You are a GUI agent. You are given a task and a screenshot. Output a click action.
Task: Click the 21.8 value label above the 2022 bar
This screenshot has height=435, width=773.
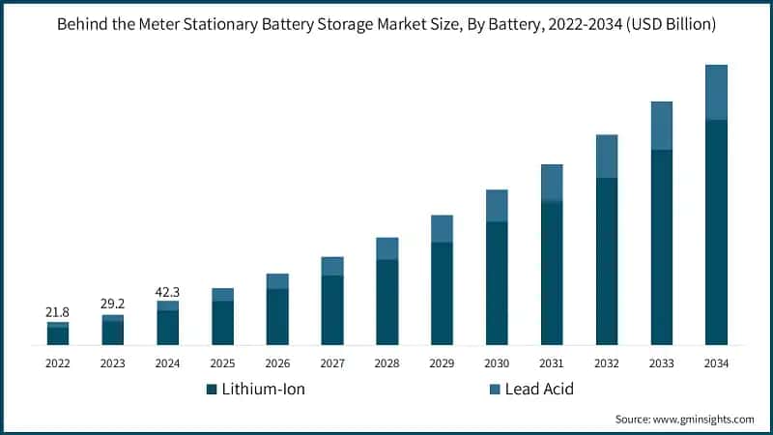(x=58, y=312)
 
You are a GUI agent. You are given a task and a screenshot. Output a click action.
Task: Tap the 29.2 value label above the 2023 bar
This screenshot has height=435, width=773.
(x=113, y=304)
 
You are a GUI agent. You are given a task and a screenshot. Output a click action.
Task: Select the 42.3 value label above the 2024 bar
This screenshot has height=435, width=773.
(x=168, y=290)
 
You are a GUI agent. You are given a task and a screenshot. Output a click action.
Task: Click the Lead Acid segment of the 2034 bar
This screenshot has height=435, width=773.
(x=716, y=92)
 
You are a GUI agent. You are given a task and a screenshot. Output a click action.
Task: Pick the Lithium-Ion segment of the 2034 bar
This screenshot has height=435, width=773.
(x=716, y=232)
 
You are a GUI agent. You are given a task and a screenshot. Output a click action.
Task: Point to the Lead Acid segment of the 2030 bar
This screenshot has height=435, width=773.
(x=497, y=206)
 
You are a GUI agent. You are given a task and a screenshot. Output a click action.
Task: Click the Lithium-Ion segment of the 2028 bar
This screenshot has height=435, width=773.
(x=386, y=302)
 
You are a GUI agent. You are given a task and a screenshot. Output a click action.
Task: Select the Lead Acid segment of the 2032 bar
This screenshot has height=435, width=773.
(x=606, y=157)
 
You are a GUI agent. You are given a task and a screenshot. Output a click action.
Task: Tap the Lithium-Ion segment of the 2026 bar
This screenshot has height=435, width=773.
(x=277, y=317)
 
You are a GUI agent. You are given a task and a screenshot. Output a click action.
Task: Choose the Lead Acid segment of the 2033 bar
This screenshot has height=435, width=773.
(x=661, y=126)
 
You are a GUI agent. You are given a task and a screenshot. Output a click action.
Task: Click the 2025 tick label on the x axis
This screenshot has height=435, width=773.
(x=222, y=363)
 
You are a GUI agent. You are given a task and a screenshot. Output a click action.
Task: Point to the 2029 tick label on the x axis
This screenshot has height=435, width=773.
(x=442, y=363)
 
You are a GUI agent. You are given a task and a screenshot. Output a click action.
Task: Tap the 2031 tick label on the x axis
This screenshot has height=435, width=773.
(x=551, y=363)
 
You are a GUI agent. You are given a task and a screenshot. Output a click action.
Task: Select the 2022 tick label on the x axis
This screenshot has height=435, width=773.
(x=58, y=363)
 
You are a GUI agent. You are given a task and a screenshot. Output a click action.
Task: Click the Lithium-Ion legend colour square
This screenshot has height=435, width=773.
(x=212, y=390)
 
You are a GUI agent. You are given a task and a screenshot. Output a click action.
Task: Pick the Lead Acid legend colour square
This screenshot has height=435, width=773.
(x=495, y=390)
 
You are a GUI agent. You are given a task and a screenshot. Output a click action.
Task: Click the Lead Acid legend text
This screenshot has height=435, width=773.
(x=539, y=390)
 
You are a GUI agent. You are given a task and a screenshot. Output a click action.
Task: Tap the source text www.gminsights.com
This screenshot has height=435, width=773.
(x=704, y=420)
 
